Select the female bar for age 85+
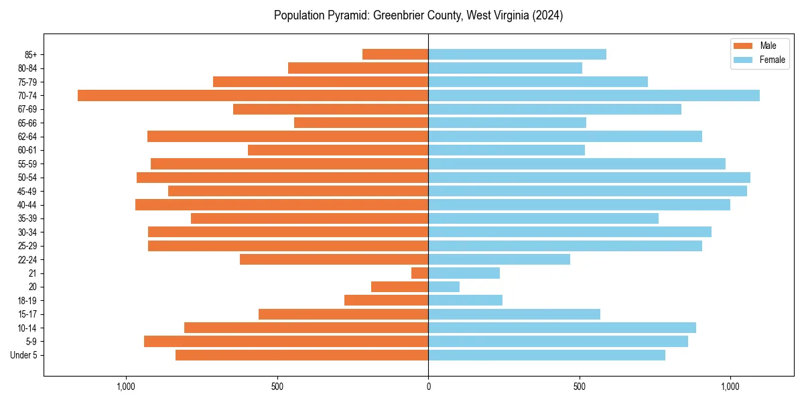click(517, 54)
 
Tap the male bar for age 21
click(420, 273)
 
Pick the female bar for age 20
click(444, 287)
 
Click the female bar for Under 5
click(547, 355)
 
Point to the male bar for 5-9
click(286, 341)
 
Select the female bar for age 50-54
click(589, 178)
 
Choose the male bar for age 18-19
click(387, 300)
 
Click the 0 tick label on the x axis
click(428, 386)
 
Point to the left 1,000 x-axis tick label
click(126, 386)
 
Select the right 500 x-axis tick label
click(580, 386)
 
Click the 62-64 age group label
click(27, 137)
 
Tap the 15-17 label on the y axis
click(27, 314)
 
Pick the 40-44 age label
click(27, 205)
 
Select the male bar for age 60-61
click(338, 150)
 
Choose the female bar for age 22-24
click(499, 259)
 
